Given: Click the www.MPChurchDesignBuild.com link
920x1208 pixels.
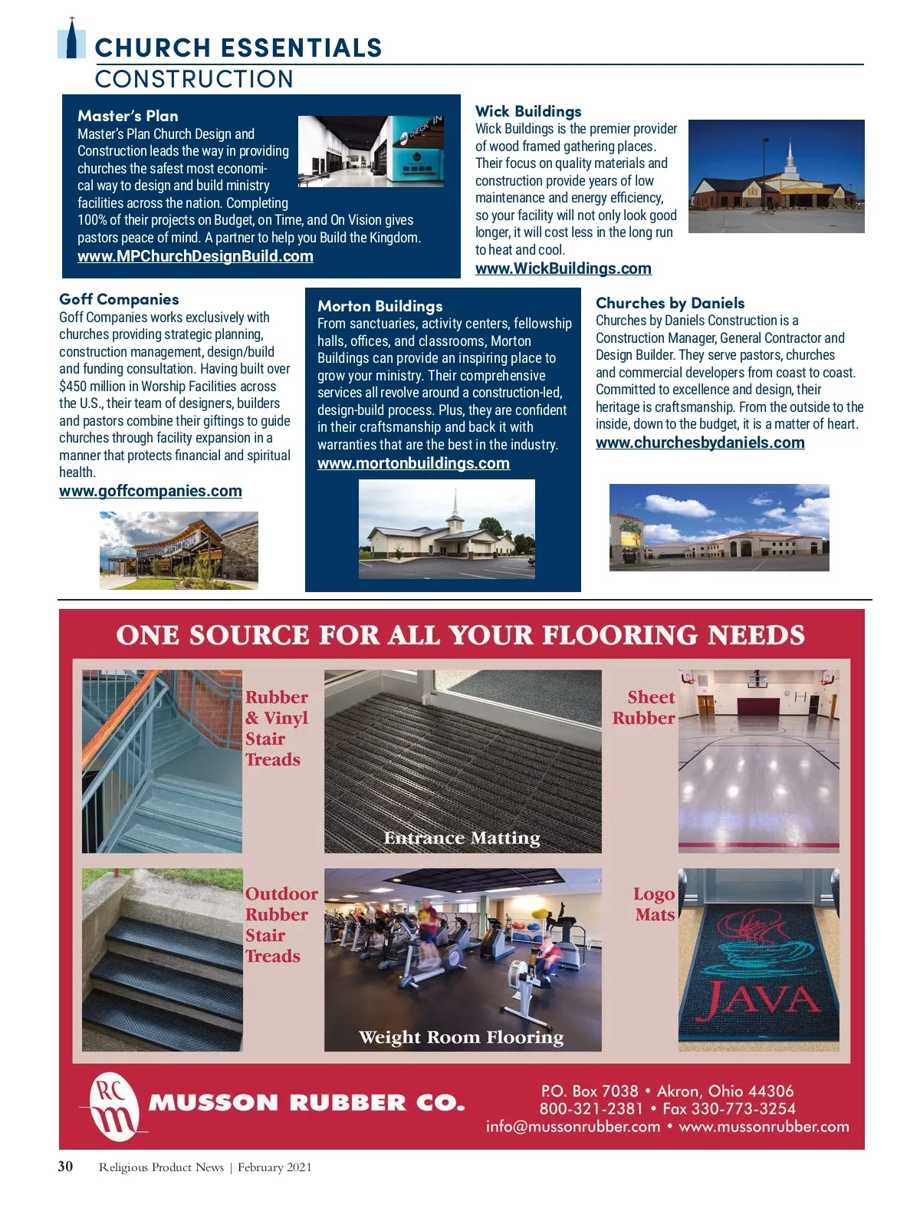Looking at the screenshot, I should point(195,256).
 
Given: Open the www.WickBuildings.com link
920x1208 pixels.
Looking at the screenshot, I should point(563,268).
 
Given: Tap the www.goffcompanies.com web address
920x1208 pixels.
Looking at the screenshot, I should point(150,491).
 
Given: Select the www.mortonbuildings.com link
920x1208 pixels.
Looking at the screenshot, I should point(413,463).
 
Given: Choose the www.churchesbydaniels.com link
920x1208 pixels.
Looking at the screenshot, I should point(700,443).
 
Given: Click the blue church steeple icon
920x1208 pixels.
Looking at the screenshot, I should point(72,39).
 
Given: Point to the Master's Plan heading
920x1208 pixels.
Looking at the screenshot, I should point(127,116).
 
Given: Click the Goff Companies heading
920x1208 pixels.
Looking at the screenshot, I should point(119,299).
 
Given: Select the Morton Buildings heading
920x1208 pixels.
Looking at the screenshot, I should point(379,306).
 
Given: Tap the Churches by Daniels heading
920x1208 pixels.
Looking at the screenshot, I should point(670,303).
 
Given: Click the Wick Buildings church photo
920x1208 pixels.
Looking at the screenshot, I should point(776,176).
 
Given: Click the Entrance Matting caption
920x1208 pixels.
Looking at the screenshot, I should point(462,838).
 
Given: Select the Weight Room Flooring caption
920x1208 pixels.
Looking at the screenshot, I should point(461,1037).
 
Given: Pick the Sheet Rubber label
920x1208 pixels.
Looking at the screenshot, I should point(644,707).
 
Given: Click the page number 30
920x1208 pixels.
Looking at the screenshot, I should point(66,1167).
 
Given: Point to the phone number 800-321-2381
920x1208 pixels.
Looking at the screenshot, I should point(590,1108).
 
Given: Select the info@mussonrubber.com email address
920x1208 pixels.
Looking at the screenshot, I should point(573,1127).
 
